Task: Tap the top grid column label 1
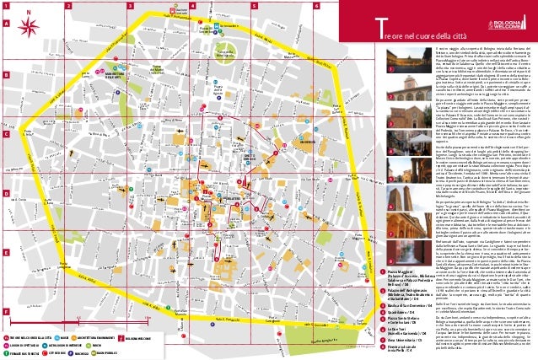[x=6, y=5]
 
